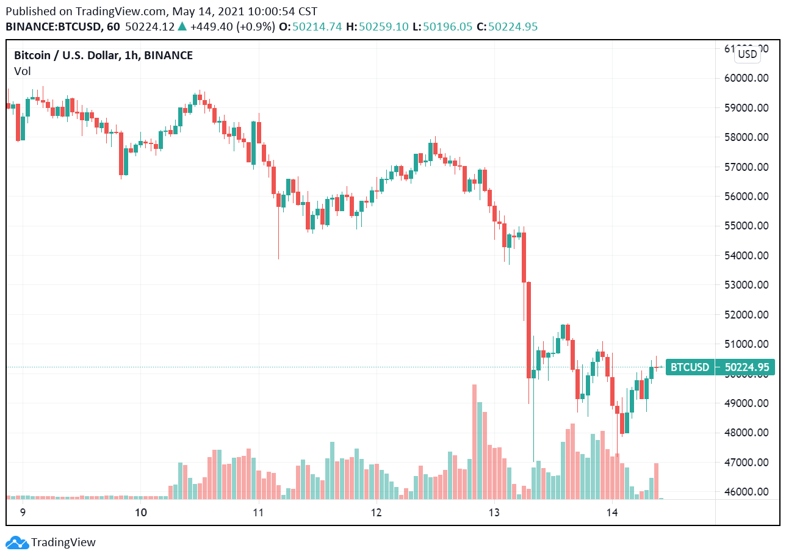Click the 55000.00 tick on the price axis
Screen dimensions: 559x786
coord(745,226)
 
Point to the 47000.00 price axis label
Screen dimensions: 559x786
coord(745,463)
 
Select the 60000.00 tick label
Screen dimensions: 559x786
coord(745,78)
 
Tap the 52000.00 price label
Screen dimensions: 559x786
coord(745,315)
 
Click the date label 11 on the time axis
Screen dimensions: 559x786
coord(258,513)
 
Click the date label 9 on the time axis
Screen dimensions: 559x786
coord(23,513)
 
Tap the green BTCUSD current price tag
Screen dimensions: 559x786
coord(720,367)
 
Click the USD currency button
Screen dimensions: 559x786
coord(747,54)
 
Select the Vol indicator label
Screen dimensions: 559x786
coord(22,71)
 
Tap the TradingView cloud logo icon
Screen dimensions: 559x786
coord(16,542)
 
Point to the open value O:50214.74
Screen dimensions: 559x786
coord(310,27)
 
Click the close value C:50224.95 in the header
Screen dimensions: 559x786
coord(507,27)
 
